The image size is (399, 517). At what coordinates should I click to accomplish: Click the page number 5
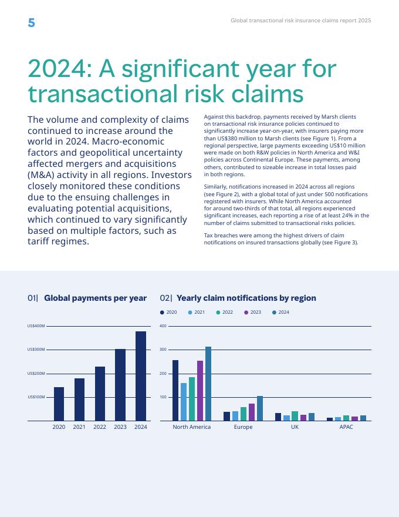tap(31, 23)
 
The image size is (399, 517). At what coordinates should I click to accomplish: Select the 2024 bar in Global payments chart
tap(141, 376)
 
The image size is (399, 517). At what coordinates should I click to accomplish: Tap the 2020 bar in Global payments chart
tap(59, 404)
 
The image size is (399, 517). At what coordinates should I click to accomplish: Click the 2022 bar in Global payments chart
tap(100, 394)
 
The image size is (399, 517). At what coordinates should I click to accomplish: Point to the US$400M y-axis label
tap(36, 326)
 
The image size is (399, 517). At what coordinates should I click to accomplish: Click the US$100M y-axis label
tap(36, 397)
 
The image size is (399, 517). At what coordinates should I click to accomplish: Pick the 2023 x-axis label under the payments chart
tap(120, 427)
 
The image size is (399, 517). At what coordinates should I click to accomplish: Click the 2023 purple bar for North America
tap(200, 391)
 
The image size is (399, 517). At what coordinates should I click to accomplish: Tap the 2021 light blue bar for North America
tap(184, 402)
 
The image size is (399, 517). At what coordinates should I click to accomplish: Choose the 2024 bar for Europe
tap(260, 408)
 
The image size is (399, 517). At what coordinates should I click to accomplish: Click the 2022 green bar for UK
tap(295, 416)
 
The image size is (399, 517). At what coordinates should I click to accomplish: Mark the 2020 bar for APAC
tap(330, 419)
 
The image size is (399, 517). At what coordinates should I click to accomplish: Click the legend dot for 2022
tap(218, 313)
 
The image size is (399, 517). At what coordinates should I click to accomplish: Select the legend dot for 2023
tap(246, 313)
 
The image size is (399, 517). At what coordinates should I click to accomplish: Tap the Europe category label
tap(243, 427)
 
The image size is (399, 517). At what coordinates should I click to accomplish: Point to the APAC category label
tap(346, 427)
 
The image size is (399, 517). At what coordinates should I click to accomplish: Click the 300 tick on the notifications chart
tap(163, 350)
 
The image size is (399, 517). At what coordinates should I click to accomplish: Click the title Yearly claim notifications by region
tap(246, 298)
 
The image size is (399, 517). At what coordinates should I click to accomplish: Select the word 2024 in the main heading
tap(57, 69)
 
